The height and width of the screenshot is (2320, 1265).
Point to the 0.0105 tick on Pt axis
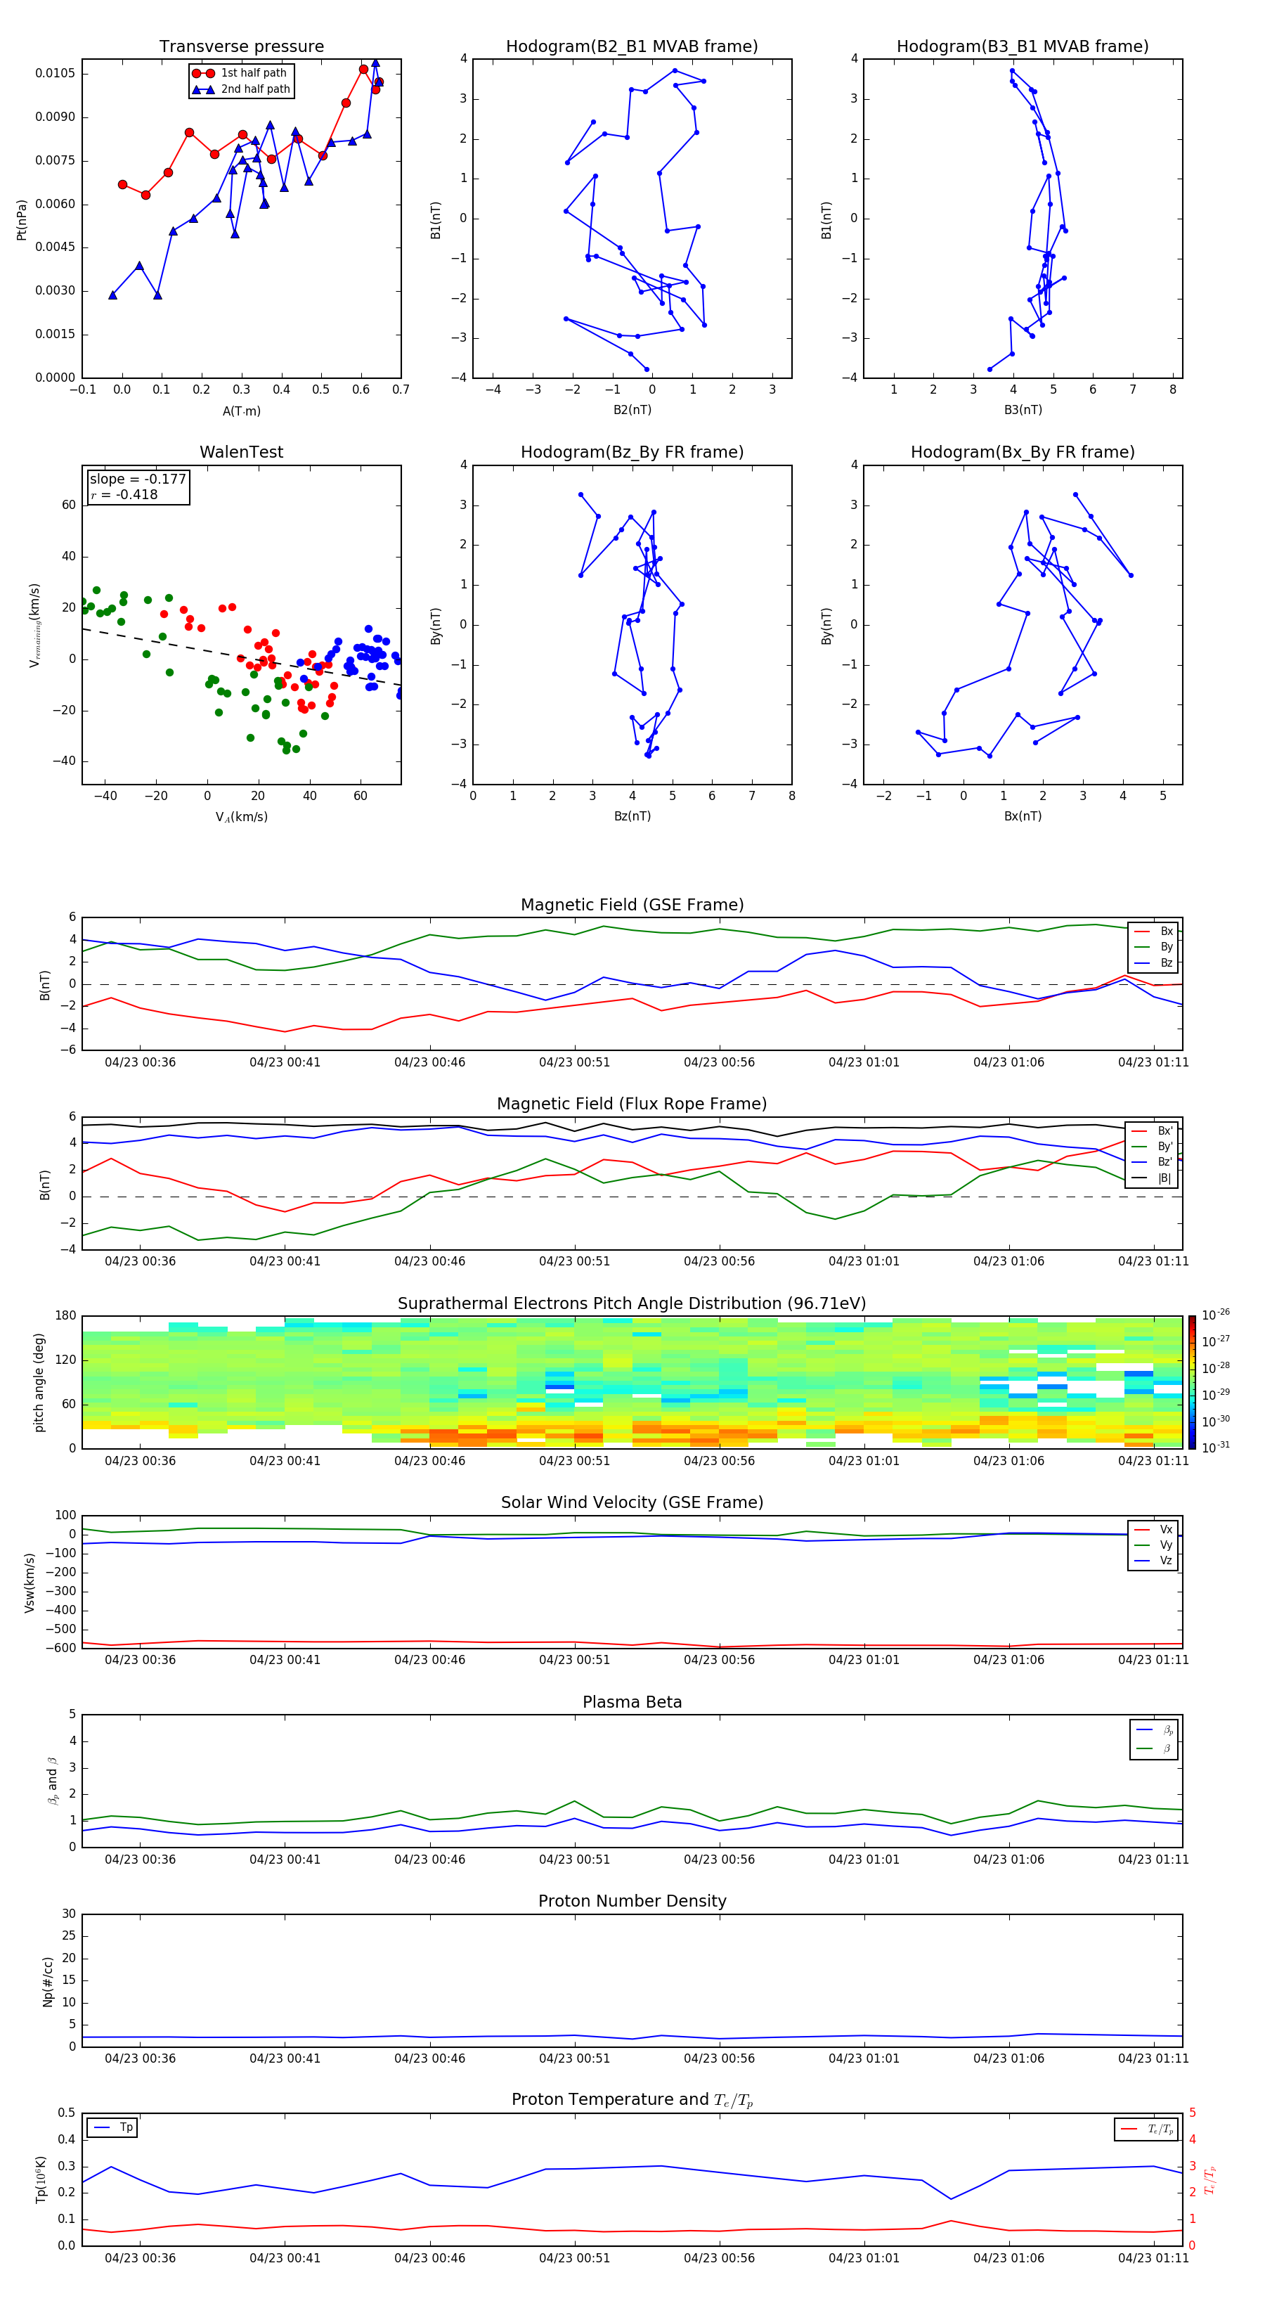click(56, 73)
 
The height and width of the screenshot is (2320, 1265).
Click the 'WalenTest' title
click(241, 452)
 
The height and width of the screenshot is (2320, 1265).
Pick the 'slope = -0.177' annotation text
click(138, 479)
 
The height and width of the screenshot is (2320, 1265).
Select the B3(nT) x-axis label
click(1023, 410)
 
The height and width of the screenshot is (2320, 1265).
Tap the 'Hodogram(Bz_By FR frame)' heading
click(631, 452)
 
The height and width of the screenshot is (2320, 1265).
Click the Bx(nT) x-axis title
click(1023, 816)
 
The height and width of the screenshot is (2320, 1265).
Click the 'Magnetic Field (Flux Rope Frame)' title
click(631, 1104)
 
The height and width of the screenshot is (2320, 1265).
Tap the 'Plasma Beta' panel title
click(631, 1702)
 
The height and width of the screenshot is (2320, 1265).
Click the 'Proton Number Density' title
click(631, 1901)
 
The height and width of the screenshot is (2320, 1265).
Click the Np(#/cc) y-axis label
click(48, 1981)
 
